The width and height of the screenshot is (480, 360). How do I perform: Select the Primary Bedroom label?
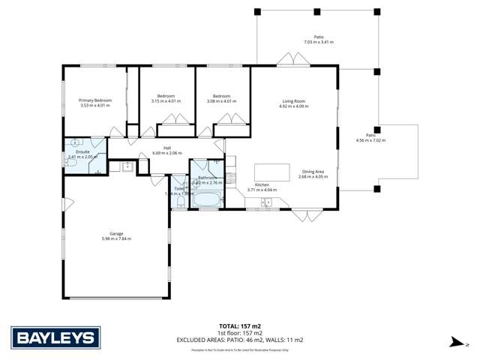[96, 100]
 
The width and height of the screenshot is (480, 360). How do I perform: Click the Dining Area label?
[313, 172]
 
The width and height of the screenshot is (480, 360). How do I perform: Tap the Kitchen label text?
[262, 184]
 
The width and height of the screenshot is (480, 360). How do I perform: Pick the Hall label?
[167, 148]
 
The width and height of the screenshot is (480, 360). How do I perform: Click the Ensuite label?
[82, 151]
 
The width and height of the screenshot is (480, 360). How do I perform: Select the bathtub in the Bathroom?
[203, 200]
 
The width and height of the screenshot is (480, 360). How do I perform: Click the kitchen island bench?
[272, 172]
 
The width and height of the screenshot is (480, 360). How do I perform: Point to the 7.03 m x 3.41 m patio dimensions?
[319, 43]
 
